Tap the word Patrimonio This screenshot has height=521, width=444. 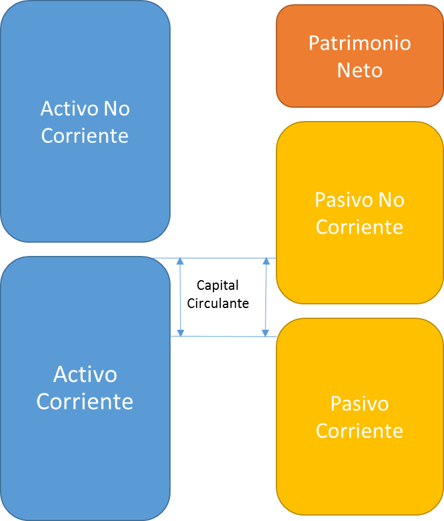[x=359, y=44]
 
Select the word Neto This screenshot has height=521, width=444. [x=359, y=70]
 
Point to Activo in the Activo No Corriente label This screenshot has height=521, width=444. [x=69, y=109]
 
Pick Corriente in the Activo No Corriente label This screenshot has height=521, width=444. [x=85, y=136]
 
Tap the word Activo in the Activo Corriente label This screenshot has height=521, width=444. [x=85, y=375]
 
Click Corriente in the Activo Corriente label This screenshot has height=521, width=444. [x=85, y=402]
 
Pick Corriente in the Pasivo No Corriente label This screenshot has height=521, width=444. [x=359, y=228]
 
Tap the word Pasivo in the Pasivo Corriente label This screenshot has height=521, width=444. [x=359, y=404]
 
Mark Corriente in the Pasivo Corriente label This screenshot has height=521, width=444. [x=359, y=431]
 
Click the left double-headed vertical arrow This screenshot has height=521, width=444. [x=180, y=297]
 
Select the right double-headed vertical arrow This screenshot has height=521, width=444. [x=266, y=297]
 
